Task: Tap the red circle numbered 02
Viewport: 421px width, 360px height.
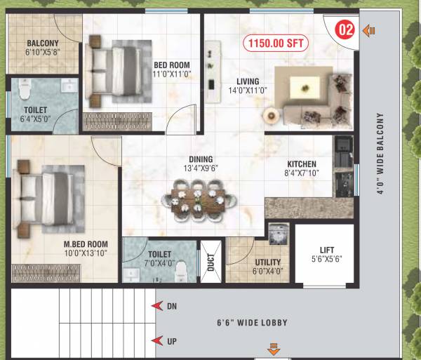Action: (x=345, y=30)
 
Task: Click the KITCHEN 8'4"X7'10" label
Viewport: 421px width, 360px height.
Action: (x=301, y=168)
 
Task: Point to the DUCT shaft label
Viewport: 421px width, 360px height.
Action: (x=210, y=262)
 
